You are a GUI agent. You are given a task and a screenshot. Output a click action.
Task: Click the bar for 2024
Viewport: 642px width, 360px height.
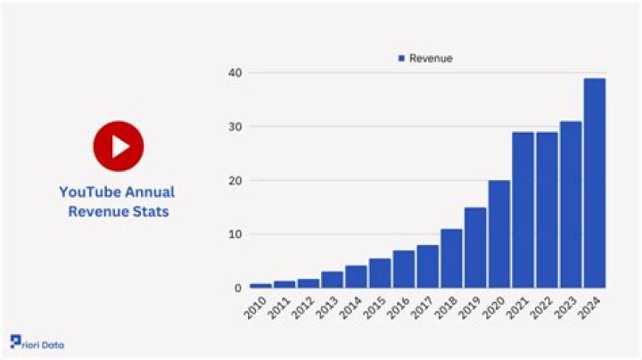click(x=594, y=183)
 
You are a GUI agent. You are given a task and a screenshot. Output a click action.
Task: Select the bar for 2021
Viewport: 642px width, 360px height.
click(x=523, y=209)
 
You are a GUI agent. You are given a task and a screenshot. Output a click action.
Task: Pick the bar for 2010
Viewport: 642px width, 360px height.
click(x=260, y=285)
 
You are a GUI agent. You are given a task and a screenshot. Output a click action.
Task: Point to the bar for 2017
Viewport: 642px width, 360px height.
click(x=427, y=266)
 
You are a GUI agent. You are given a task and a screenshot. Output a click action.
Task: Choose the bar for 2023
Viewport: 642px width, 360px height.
click(x=570, y=204)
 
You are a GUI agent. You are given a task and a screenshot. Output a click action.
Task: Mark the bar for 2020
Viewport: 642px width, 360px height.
click(x=498, y=233)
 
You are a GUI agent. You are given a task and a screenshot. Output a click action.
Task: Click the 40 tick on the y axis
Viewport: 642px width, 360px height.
click(x=234, y=72)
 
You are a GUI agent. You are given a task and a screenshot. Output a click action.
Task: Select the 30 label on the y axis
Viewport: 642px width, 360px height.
click(x=234, y=127)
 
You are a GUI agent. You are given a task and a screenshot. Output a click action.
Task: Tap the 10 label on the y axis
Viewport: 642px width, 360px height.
click(x=234, y=234)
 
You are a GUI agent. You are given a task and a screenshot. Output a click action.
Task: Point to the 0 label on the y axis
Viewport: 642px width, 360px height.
click(x=237, y=289)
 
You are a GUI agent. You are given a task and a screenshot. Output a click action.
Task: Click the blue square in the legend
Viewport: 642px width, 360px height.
click(x=401, y=58)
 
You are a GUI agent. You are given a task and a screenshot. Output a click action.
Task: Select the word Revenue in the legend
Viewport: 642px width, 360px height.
click(x=431, y=58)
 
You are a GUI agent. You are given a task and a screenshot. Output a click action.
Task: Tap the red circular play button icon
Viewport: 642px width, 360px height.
click(x=118, y=146)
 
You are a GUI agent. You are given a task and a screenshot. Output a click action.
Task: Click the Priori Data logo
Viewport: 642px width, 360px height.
click(x=37, y=344)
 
